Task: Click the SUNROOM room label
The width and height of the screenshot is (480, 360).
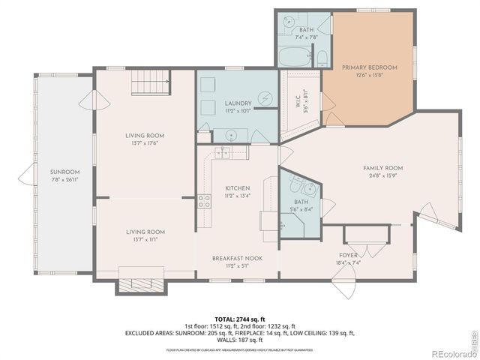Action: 64,172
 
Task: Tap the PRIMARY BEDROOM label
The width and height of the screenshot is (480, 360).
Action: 369,67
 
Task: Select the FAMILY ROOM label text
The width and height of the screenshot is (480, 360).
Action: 382,168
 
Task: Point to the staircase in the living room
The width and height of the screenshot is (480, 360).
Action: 148,83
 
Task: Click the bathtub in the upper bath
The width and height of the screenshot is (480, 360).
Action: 295,57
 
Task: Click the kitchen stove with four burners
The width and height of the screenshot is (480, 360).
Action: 204,201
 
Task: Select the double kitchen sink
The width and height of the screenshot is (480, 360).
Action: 223,154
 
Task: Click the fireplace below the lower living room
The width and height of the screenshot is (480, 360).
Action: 136,284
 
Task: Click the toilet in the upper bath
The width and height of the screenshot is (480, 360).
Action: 320,58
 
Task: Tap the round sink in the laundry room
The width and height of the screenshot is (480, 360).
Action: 232,136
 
